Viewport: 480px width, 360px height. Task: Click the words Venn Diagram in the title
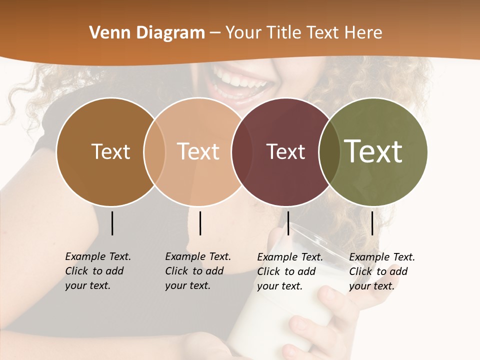[x=147, y=33]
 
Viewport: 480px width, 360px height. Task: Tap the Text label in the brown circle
[x=110, y=151]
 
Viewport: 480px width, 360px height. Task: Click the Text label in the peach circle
[x=198, y=151]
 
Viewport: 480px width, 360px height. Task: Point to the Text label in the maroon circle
[x=285, y=151]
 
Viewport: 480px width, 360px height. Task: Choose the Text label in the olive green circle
[x=373, y=151]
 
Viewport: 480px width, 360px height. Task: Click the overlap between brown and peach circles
[x=154, y=152]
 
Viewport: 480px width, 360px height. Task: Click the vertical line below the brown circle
[x=112, y=223]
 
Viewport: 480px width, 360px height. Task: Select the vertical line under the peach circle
[x=200, y=223]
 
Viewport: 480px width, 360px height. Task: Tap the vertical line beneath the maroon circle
[x=288, y=223]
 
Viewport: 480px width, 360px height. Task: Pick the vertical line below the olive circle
[x=372, y=223]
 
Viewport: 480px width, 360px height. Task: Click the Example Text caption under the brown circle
[x=98, y=271]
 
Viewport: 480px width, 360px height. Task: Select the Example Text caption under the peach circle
[x=198, y=271]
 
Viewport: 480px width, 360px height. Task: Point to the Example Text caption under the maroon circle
[x=290, y=271]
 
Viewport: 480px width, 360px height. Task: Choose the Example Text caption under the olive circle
[x=382, y=271]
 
